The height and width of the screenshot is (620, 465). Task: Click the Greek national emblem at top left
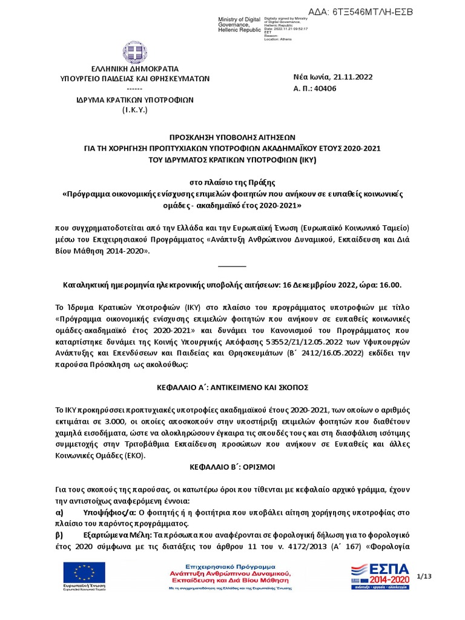coord(134,53)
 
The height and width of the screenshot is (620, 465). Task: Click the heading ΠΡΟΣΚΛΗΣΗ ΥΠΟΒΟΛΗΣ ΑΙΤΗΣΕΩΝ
coord(232,137)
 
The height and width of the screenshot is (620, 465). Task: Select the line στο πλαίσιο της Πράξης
coord(232,182)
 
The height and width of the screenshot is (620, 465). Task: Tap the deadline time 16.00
coord(389,285)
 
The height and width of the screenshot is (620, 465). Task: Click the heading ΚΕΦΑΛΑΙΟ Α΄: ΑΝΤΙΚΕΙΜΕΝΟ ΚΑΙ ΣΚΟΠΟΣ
coord(232,386)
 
